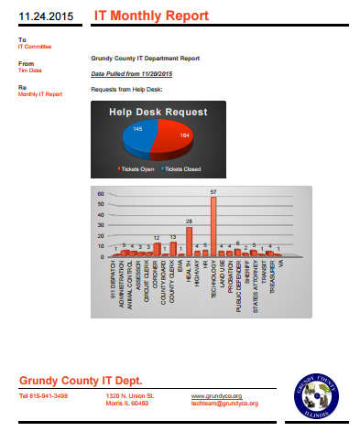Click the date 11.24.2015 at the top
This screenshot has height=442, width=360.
tap(43, 16)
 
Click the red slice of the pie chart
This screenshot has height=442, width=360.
tap(175, 143)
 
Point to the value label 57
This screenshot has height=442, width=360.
tap(213, 192)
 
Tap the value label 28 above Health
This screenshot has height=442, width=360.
tap(189, 221)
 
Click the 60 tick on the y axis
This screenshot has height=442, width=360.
tap(103, 194)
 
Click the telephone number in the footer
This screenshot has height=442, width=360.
tap(43, 395)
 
